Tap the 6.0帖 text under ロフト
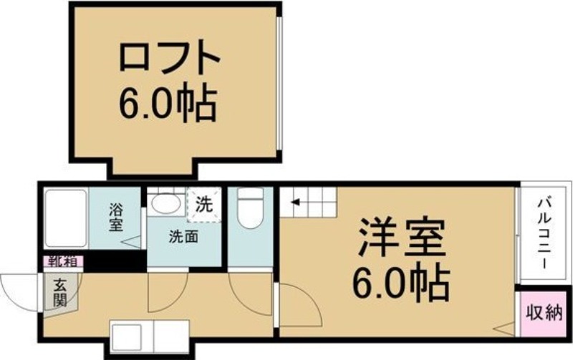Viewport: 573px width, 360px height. (168, 104)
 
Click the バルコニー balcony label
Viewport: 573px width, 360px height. (543, 233)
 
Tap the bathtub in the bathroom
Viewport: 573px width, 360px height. (65, 218)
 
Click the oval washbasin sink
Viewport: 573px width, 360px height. (166, 203)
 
